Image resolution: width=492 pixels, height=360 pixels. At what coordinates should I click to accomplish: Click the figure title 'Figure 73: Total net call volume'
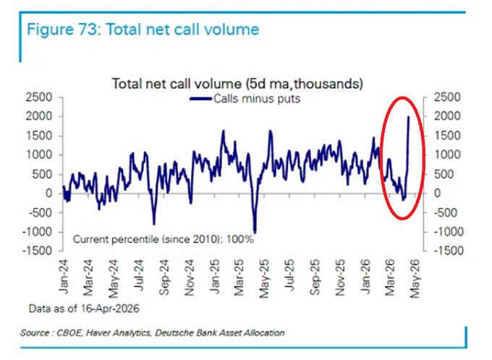click(142, 30)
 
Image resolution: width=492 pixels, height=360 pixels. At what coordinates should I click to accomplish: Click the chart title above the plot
click(237, 83)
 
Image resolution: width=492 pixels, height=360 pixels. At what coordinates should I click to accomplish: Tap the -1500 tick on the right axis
click(448, 251)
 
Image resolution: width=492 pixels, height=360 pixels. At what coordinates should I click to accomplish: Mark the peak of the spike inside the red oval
click(409, 116)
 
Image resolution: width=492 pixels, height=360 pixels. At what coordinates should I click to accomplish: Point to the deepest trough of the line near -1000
click(255, 231)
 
